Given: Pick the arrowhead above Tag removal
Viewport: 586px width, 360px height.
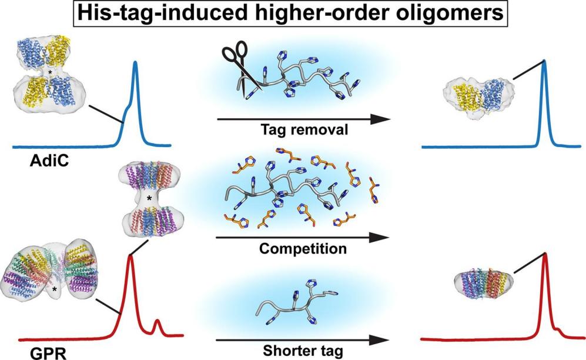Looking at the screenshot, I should pyautogui.click(x=381, y=119).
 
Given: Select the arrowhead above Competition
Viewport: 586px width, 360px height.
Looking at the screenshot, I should pyautogui.click(x=381, y=238).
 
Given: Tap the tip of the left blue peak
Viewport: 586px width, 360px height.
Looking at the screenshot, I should pyautogui.click(x=136, y=62).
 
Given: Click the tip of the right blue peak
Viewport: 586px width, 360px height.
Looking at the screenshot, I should pyautogui.click(x=544, y=61).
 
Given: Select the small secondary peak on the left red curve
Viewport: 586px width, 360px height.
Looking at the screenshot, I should pyautogui.click(x=157, y=321).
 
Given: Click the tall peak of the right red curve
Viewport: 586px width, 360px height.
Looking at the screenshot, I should pyautogui.click(x=545, y=254).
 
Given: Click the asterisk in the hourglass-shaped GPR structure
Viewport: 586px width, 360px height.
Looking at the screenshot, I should pyautogui.click(x=149, y=199).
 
